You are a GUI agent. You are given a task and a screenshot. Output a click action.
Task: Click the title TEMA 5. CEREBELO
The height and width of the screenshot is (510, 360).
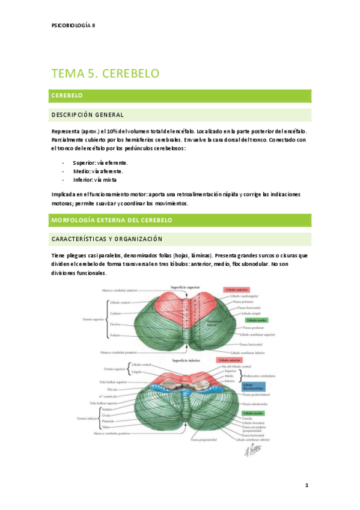(x=105, y=73)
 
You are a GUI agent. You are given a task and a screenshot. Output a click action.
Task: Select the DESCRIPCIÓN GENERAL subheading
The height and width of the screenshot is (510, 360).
(x=88, y=115)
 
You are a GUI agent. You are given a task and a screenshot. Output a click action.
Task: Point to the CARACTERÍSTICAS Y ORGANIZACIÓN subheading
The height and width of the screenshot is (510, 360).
(x=107, y=239)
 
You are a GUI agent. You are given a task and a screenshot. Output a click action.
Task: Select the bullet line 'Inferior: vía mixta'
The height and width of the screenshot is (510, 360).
(x=95, y=179)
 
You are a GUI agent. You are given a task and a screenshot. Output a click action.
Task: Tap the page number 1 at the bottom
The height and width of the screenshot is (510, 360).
(x=307, y=485)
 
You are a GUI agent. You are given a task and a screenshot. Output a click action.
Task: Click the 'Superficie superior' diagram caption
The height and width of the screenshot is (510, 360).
(x=185, y=288)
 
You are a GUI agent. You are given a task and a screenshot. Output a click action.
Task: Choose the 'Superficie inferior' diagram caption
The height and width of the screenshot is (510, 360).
(x=185, y=361)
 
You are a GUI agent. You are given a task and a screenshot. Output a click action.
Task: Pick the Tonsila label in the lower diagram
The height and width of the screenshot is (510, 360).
(x=248, y=420)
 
